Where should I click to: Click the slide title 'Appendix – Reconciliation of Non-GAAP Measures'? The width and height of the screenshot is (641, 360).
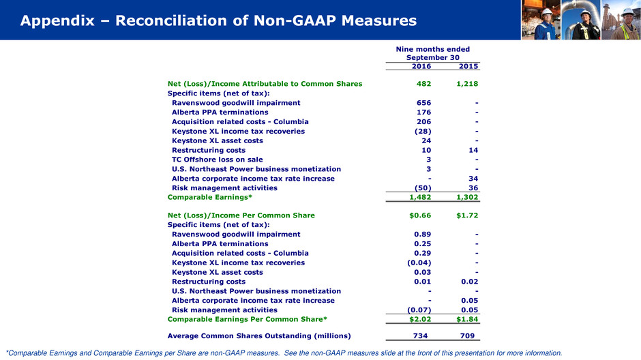[218, 22]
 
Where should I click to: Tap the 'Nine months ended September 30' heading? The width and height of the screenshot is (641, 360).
[433, 53]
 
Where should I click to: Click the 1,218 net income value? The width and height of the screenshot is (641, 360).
[466, 84]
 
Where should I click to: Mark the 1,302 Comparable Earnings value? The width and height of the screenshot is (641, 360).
[466, 197]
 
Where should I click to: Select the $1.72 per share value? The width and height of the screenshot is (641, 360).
[466, 215]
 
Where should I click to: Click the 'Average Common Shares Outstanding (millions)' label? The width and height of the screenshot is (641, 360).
[259, 335]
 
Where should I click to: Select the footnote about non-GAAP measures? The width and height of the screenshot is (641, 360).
[283, 353]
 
